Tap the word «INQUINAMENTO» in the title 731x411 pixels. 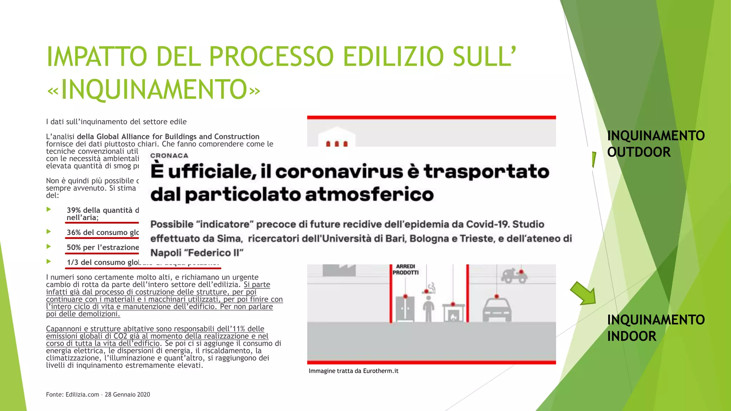point(154,90)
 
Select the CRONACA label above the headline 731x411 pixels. point(169,156)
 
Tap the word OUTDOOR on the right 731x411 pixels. point(639,152)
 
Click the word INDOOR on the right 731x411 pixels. point(631,336)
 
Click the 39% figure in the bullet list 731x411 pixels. point(74,210)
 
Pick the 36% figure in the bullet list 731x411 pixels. point(74,233)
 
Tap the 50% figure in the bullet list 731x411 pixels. point(74,248)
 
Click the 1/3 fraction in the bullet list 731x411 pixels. point(72,263)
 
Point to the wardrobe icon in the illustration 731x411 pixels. point(405,309)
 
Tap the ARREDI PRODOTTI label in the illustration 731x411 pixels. point(405,269)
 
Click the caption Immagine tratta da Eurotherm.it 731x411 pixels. point(353,371)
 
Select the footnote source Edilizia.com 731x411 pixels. point(82,395)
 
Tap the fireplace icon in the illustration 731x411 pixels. point(453,314)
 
